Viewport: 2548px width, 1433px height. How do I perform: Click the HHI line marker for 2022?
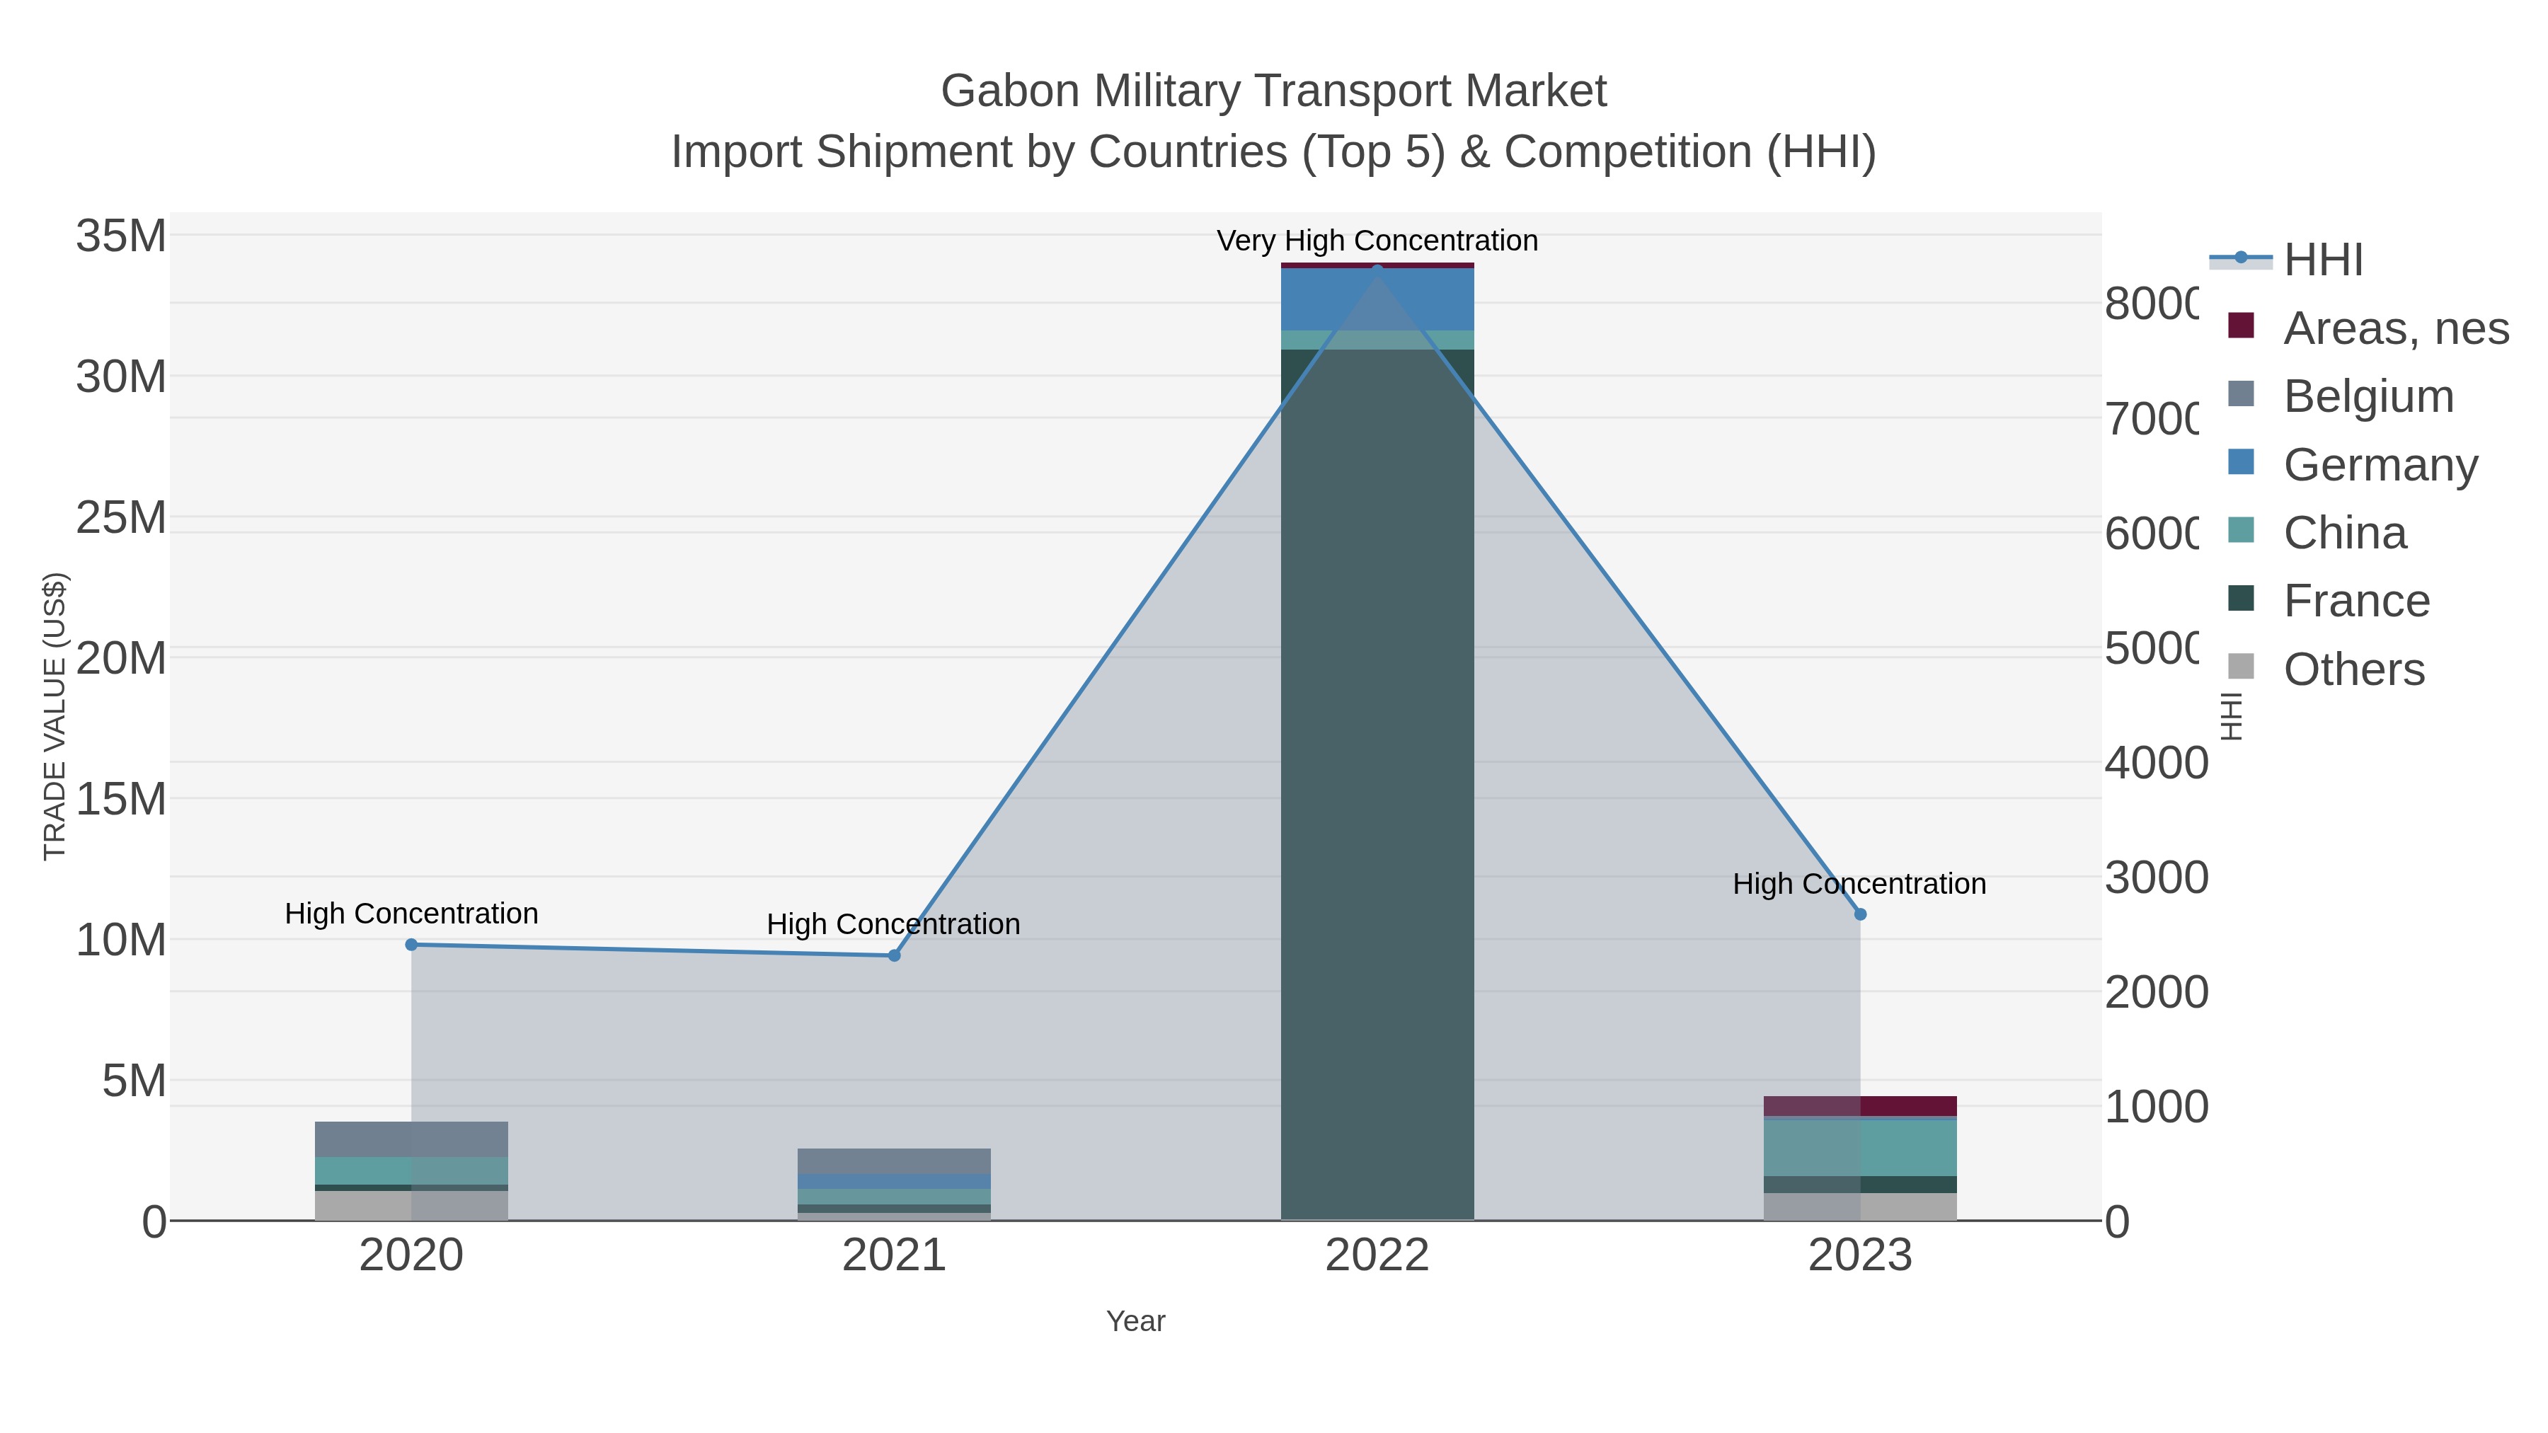[x=1377, y=269]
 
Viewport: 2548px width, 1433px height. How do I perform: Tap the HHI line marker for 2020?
[x=411, y=945]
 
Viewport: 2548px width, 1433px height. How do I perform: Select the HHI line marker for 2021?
[x=894, y=955]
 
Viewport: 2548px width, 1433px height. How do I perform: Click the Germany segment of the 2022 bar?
[x=1377, y=299]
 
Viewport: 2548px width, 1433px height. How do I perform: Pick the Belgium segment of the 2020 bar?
[x=411, y=1139]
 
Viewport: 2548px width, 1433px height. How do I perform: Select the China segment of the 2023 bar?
[x=1859, y=1147]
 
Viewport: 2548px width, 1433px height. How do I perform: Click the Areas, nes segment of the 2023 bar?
[x=1859, y=1105]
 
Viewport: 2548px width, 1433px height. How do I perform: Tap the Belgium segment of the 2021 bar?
[x=894, y=1161]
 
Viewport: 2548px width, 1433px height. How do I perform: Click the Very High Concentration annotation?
[x=1377, y=241]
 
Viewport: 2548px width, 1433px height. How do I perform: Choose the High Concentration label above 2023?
[x=1859, y=883]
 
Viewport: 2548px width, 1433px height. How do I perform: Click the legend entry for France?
[x=2355, y=600]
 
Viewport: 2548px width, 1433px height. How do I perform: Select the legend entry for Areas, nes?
[x=2394, y=328]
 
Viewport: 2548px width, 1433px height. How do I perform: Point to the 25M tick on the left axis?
[x=120, y=517]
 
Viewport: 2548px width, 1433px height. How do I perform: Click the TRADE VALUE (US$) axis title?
[x=55, y=716]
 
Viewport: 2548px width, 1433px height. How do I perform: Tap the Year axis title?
[x=1135, y=1321]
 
